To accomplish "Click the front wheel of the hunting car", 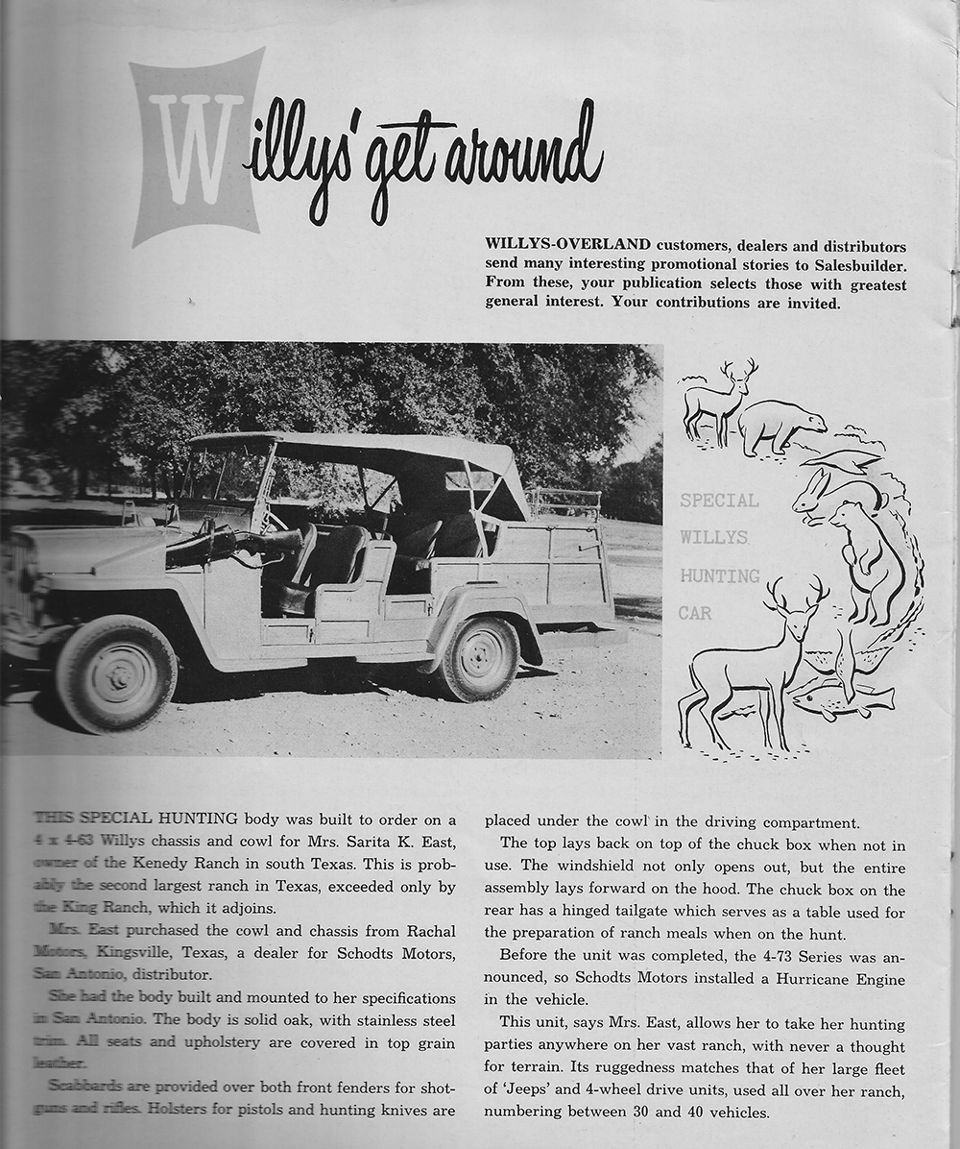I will (115, 673).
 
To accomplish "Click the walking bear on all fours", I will (780, 425).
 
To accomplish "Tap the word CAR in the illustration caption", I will (696, 612).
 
